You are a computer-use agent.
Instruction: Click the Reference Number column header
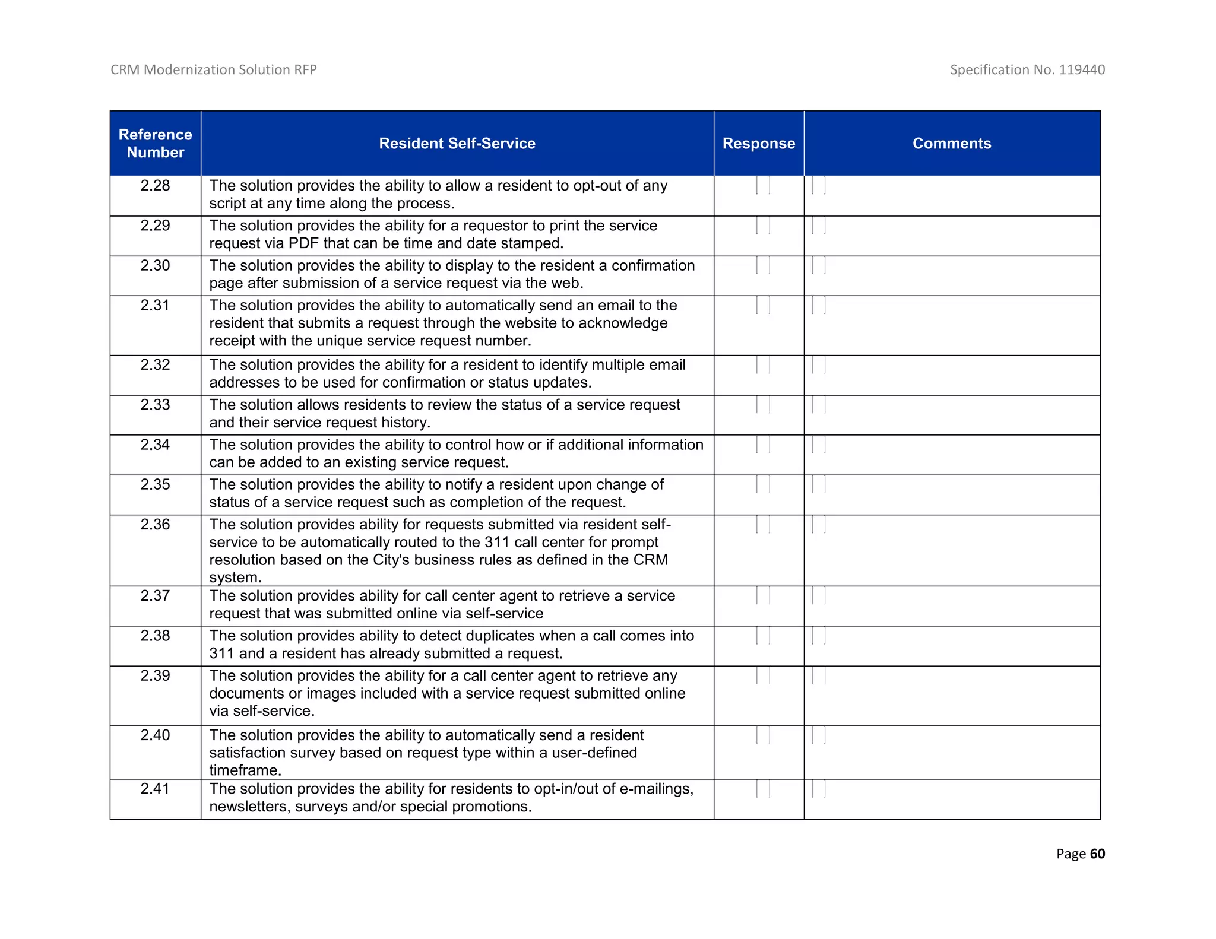155,143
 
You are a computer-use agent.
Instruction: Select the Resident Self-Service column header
457,143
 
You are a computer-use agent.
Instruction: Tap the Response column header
758,143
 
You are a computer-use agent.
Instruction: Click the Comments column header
951,143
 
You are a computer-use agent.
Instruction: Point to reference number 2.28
155,186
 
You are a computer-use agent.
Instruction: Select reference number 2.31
155,306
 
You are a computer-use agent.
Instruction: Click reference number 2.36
155,525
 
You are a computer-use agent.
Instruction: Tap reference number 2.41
155,789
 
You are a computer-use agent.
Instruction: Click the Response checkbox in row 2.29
763,226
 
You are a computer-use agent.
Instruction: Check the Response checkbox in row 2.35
763,485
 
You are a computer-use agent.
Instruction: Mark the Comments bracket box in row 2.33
819,405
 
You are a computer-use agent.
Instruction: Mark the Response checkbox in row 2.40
763,735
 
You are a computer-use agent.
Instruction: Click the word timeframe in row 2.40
244,770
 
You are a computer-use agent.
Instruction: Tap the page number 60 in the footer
1097,854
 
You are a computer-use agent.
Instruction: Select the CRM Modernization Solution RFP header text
214,69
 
